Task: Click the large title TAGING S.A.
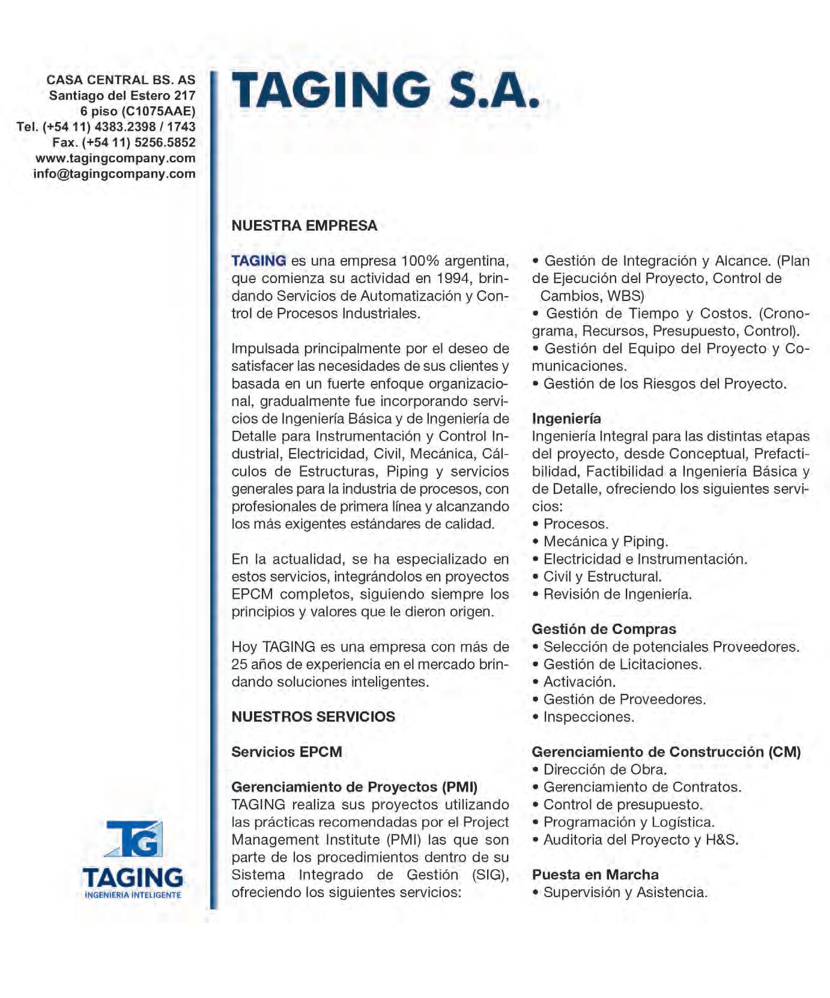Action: pos(385,90)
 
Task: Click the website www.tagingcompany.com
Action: pos(115,159)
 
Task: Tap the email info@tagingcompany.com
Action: pos(114,174)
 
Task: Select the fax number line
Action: pos(124,143)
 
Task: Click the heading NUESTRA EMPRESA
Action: pos(304,226)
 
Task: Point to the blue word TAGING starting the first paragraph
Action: pos(259,261)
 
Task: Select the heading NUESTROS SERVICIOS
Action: pos(313,717)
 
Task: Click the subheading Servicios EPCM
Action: pos(286,752)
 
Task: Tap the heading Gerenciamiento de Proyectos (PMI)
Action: pos(354,787)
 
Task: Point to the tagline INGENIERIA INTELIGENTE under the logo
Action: pos(133,895)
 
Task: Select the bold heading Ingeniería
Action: pos(566,419)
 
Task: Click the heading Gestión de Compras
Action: pos(604,630)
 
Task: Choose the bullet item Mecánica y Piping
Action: pos(605,542)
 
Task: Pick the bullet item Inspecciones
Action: pos(589,717)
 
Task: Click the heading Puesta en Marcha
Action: pos(595,875)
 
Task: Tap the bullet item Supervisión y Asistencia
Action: pos(625,893)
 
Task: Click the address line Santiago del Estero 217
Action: pos(122,96)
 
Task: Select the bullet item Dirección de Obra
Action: pos(605,770)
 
